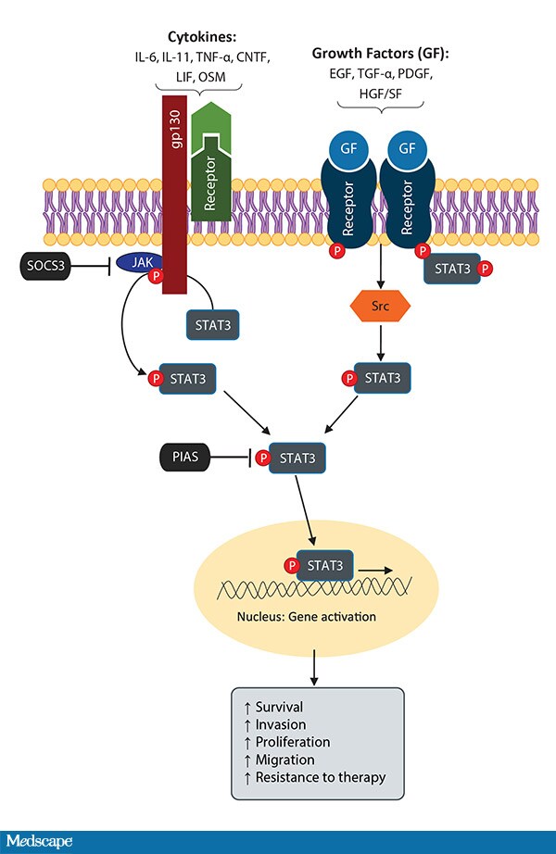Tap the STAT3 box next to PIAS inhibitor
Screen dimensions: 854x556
coord(297,457)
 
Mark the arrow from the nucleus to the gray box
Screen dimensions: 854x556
coord(317,665)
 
